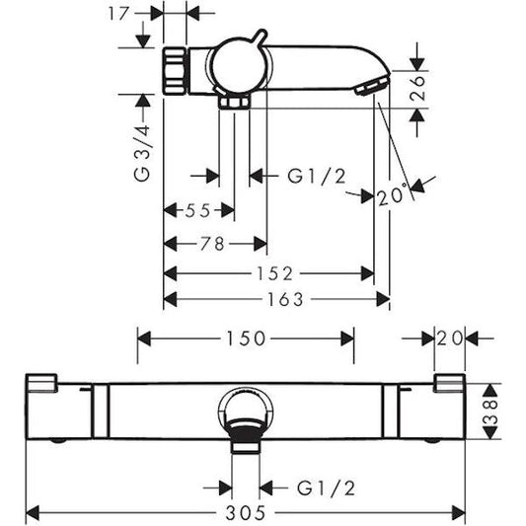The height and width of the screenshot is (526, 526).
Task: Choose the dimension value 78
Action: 211,243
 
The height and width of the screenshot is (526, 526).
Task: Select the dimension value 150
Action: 245,338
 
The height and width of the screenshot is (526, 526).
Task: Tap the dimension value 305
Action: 245,512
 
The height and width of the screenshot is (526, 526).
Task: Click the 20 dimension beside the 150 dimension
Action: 449,338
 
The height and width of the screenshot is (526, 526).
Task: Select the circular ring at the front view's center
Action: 246,408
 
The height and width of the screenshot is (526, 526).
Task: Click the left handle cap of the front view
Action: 43,383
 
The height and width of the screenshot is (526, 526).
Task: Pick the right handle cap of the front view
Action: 449,383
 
